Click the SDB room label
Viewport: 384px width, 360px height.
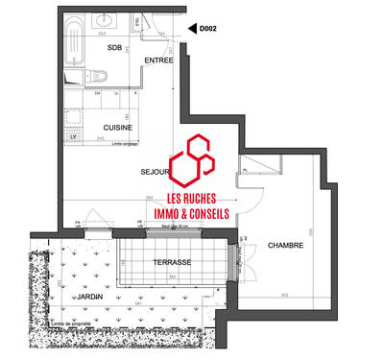(x=114, y=47)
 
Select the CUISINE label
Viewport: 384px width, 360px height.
(x=118, y=126)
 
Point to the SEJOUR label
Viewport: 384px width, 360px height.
(x=155, y=173)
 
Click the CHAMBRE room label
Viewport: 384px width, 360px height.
(x=285, y=245)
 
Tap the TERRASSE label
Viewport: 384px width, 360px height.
(x=173, y=262)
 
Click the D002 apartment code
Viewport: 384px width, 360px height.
(x=207, y=30)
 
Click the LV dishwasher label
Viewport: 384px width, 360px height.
(x=73, y=136)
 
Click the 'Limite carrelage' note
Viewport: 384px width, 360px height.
(x=126, y=143)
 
